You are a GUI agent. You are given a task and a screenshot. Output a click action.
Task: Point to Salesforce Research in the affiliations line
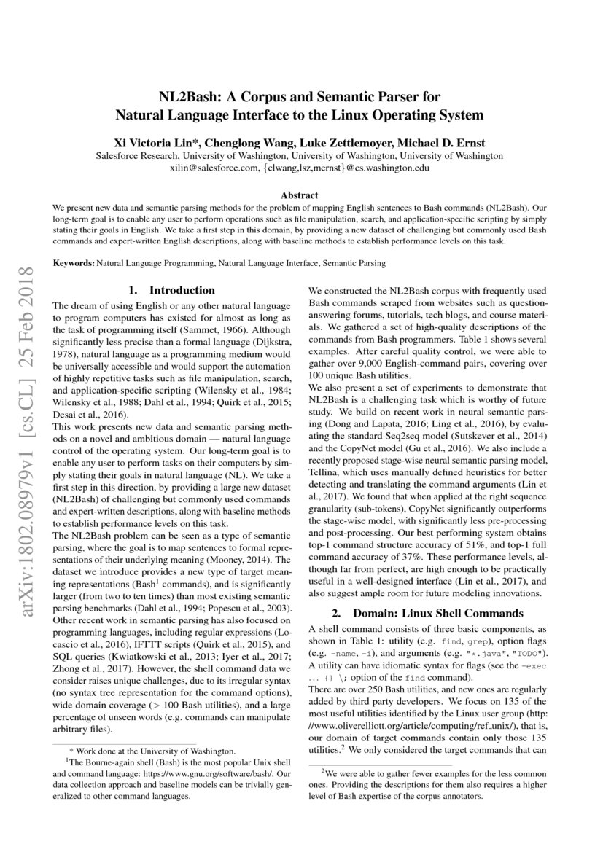(138, 155)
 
